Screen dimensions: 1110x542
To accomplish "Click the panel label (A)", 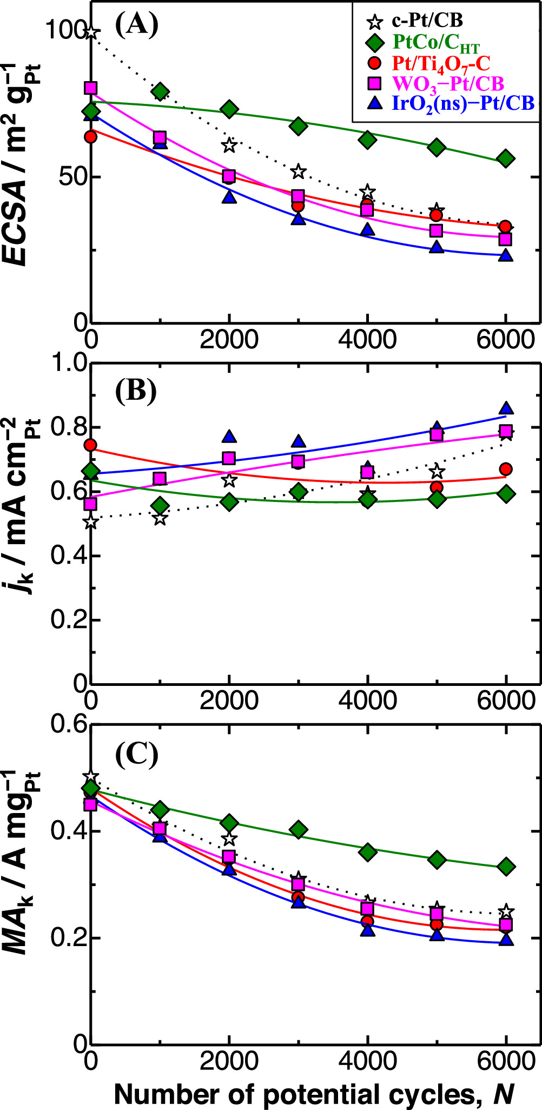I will (136, 25).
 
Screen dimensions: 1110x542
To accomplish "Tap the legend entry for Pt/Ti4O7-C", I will (440, 64).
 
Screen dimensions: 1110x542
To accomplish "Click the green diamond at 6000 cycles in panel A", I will (506, 158).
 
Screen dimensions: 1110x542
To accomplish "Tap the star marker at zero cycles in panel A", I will (91, 32).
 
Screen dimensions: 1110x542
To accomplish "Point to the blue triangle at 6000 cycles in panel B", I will (506, 408).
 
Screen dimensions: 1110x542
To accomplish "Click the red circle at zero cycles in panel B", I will (91, 445).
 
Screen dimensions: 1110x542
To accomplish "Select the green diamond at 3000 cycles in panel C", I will (299, 829).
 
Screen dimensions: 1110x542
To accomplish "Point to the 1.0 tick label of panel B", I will (68, 363).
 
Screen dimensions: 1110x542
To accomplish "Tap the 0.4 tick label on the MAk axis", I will (68, 830).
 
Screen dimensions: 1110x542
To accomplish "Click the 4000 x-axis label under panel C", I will (368, 1061).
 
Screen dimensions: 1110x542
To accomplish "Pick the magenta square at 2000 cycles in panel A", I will (229, 176).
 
